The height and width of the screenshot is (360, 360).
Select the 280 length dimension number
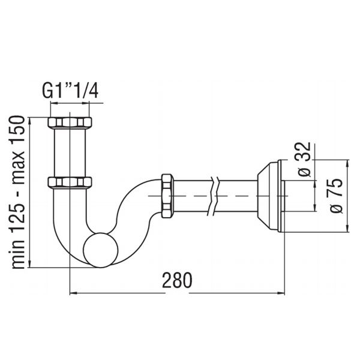(177, 280)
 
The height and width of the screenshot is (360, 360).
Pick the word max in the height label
(18, 167)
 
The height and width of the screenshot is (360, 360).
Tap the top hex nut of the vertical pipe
(70, 122)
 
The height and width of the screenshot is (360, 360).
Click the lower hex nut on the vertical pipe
(70, 182)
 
